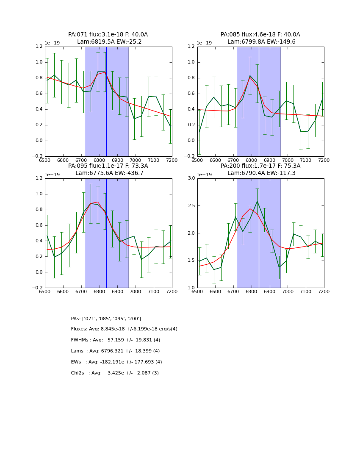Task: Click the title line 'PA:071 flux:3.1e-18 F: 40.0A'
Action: tap(108, 35)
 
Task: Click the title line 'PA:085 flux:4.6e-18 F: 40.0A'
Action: tap(260, 35)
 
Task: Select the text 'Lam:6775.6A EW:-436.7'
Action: tap(108, 173)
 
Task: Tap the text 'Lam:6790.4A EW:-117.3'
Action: tap(260, 173)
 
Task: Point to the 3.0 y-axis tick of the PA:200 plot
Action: tap(191, 178)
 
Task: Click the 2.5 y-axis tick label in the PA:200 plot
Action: tap(191, 205)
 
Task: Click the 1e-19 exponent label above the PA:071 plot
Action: tap(52, 43)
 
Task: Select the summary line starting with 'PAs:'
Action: tap(106, 319)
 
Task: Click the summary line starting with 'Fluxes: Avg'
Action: tap(124, 329)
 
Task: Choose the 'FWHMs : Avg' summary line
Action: tap(115, 340)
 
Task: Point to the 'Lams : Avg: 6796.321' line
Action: tap(115, 351)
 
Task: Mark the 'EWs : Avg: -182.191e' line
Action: tap(116, 362)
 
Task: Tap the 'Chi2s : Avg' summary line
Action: tap(115, 373)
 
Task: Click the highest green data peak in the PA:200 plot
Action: tap(257, 201)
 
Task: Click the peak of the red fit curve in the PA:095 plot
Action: tap(98, 202)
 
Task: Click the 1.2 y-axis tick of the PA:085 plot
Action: tap(191, 47)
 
